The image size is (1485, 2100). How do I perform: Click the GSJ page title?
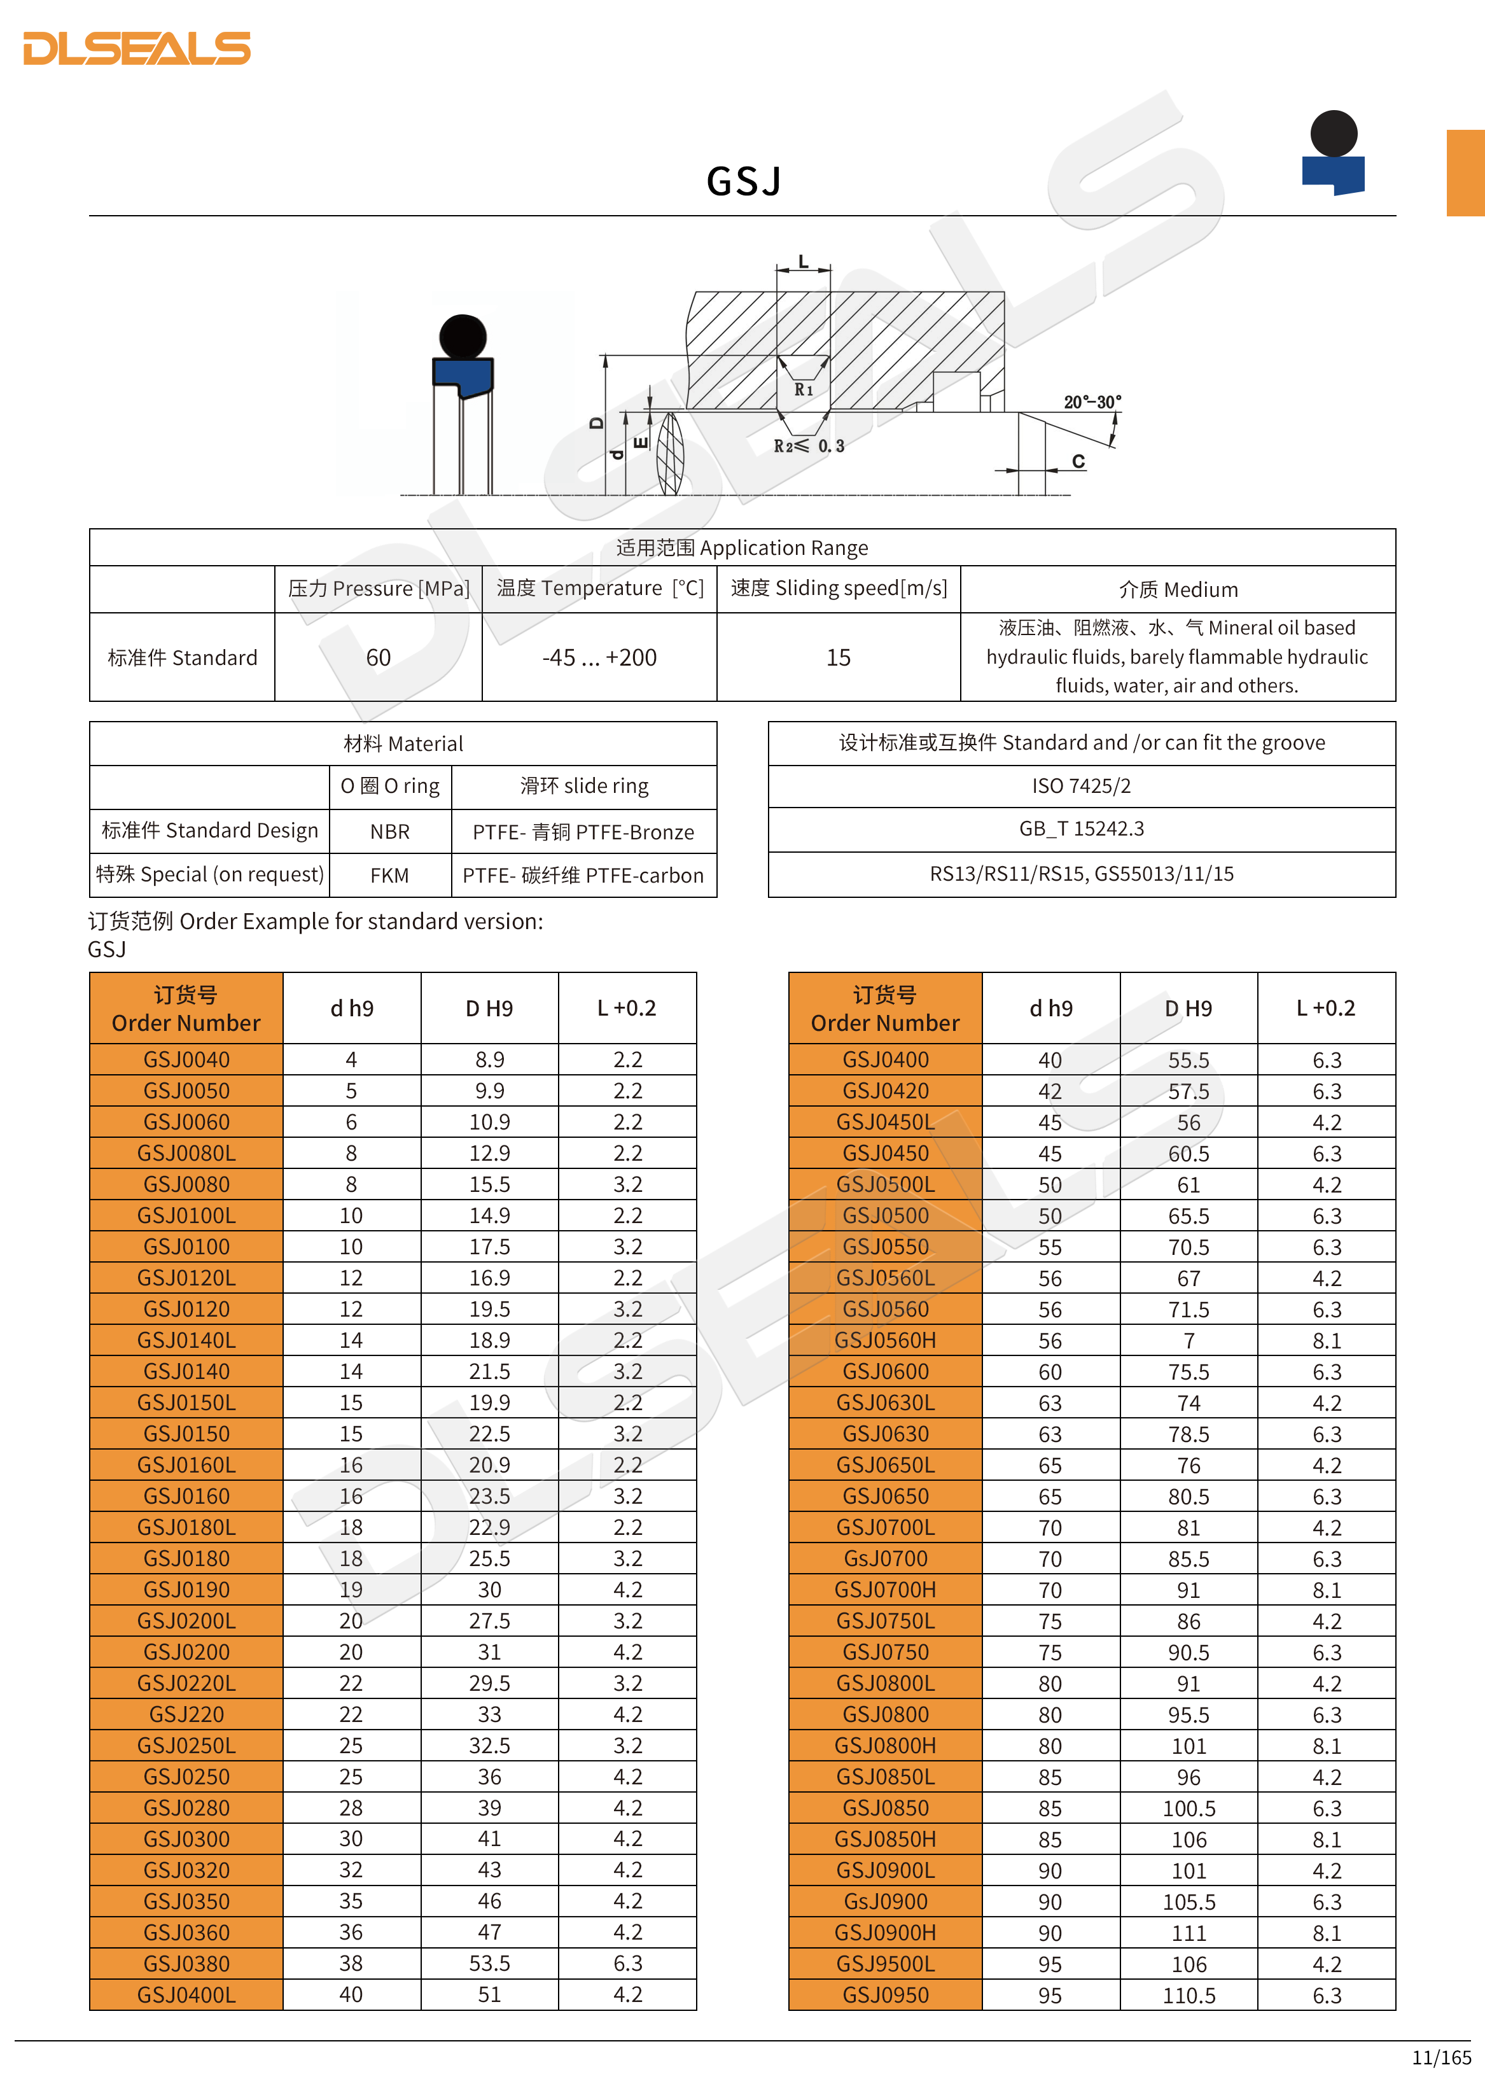(743, 181)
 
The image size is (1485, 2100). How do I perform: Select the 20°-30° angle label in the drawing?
(1092, 402)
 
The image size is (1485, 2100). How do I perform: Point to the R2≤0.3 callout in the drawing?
(808, 446)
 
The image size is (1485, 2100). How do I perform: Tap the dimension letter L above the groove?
(803, 262)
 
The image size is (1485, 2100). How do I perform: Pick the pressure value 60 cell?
(378, 657)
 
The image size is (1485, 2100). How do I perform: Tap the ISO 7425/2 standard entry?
(1081, 786)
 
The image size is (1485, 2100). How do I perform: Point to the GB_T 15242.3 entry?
(1081, 829)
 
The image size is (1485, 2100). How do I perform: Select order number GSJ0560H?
(884, 1340)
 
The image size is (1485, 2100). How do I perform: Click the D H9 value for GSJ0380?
(489, 1964)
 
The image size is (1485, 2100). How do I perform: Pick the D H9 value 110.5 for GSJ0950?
(1188, 1995)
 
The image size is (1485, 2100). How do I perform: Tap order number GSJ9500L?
(884, 1964)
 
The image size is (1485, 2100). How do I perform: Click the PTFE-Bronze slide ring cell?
(583, 831)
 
